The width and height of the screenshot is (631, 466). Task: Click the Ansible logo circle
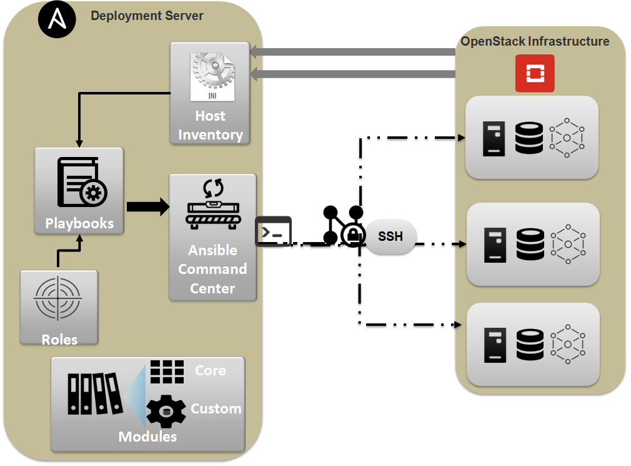pyautogui.click(x=57, y=20)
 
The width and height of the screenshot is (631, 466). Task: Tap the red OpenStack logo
pyautogui.click(x=534, y=73)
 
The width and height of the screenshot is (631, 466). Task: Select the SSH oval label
pyautogui.click(x=390, y=237)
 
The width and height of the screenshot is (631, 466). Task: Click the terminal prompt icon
pyautogui.click(x=274, y=231)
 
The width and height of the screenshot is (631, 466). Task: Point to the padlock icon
pyautogui.click(x=353, y=235)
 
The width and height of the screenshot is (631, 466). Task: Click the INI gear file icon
pyautogui.click(x=212, y=76)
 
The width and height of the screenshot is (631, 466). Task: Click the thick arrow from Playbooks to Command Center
pyautogui.click(x=147, y=207)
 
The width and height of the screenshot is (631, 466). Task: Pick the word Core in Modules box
pyautogui.click(x=211, y=370)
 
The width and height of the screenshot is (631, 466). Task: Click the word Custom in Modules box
pyautogui.click(x=216, y=408)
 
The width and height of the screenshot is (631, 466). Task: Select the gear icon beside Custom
pyautogui.click(x=166, y=410)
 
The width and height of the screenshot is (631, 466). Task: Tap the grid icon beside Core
pyautogui.click(x=167, y=371)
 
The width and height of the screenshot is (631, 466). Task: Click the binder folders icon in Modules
pyautogui.click(x=93, y=393)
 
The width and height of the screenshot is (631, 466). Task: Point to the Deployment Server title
pyautogui.click(x=147, y=16)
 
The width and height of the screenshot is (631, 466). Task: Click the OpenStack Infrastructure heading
pyautogui.click(x=535, y=42)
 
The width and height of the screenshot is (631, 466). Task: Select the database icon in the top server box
pyautogui.click(x=529, y=138)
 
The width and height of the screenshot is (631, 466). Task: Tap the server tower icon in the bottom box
pyautogui.click(x=496, y=344)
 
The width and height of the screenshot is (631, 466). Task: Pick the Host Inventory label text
pyautogui.click(x=210, y=125)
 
